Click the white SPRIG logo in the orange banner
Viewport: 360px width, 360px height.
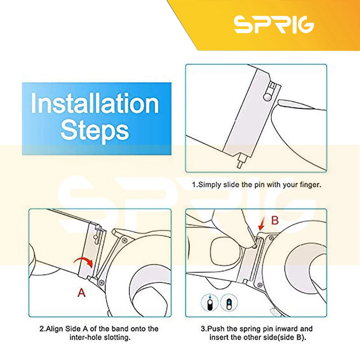(x=274, y=24)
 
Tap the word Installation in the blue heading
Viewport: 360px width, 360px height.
(x=95, y=103)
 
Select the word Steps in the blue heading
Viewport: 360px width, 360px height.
(x=94, y=131)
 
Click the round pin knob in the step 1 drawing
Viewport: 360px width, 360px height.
(x=267, y=97)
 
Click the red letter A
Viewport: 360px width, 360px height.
(x=81, y=292)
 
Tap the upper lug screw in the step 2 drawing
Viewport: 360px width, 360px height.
(x=125, y=240)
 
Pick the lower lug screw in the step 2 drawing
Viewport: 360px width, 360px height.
(x=101, y=283)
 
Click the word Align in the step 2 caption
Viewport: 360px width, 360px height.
(x=54, y=329)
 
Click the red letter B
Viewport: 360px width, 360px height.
(x=275, y=220)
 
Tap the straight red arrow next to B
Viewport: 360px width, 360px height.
(x=261, y=223)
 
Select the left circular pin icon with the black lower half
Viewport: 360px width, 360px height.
(x=209, y=303)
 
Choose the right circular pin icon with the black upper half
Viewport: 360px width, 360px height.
(x=229, y=302)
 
